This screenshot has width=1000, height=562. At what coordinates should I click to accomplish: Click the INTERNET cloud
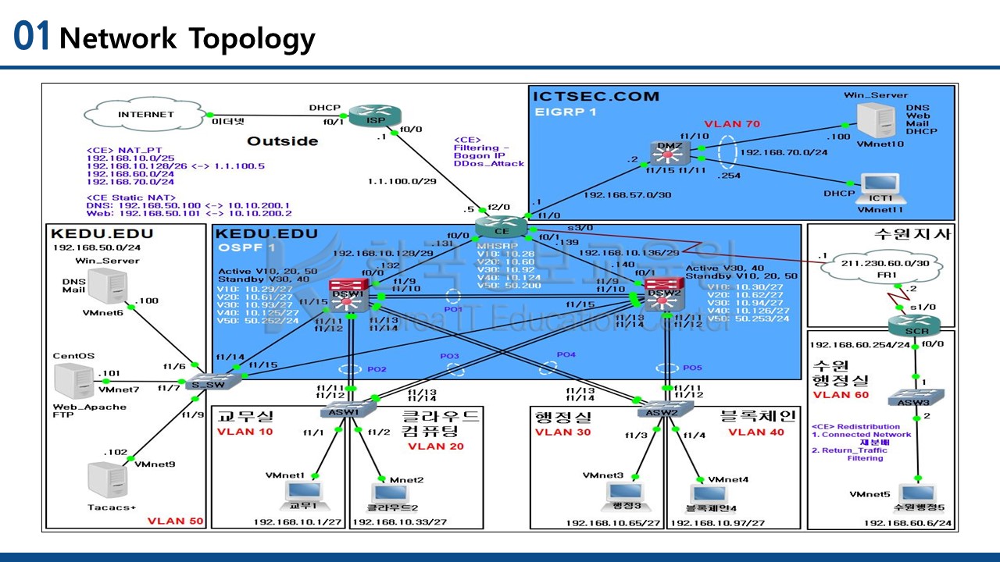pyautogui.click(x=146, y=114)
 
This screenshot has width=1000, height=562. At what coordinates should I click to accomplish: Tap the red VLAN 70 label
pyautogui.click(x=732, y=124)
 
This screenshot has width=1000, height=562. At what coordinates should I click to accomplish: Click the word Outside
pyautogui.click(x=283, y=141)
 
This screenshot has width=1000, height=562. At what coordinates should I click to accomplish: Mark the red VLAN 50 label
pyautogui.click(x=175, y=521)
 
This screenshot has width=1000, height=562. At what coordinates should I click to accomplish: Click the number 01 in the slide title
pyautogui.click(x=32, y=37)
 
